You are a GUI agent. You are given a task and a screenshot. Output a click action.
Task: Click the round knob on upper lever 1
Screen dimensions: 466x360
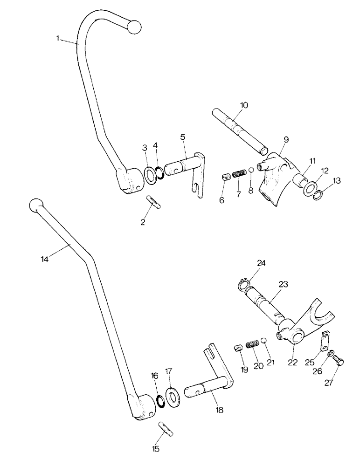pos(134,27)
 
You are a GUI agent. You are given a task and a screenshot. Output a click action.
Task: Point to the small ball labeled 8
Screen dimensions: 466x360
pos(250,169)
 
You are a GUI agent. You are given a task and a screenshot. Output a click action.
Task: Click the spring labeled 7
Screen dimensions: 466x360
pos(239,175)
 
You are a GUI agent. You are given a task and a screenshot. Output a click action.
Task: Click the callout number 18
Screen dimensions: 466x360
pos(219,410)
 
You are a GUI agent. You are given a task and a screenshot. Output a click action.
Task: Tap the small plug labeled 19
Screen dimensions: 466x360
pos(237,349)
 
